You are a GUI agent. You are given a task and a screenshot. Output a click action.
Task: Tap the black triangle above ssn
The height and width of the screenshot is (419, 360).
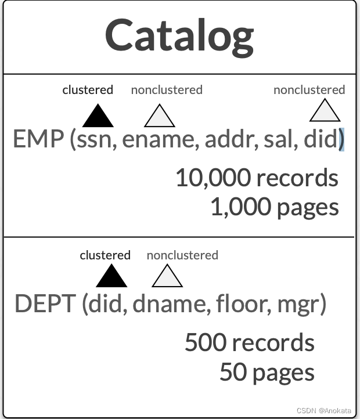tap(98, 117)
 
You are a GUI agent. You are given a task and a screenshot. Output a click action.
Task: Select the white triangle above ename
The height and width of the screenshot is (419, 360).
tap(160, 117)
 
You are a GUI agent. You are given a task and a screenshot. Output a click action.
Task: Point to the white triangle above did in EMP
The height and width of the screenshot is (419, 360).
tap(325, 111)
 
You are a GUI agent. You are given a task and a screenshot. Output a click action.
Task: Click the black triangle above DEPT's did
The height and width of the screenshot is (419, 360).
tap(111, 276)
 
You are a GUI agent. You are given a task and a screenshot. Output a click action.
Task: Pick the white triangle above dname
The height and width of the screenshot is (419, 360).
tap(167, 276)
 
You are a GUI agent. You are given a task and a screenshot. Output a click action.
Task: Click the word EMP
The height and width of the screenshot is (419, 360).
tap(38, 140)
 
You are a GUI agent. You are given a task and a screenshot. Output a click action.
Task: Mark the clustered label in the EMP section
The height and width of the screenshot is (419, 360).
tap(88, 90)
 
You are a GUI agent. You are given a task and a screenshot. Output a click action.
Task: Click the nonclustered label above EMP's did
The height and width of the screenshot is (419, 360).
tap(309, 90)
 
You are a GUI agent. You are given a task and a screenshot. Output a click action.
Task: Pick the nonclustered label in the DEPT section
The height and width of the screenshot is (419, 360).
tap(182, 255)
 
